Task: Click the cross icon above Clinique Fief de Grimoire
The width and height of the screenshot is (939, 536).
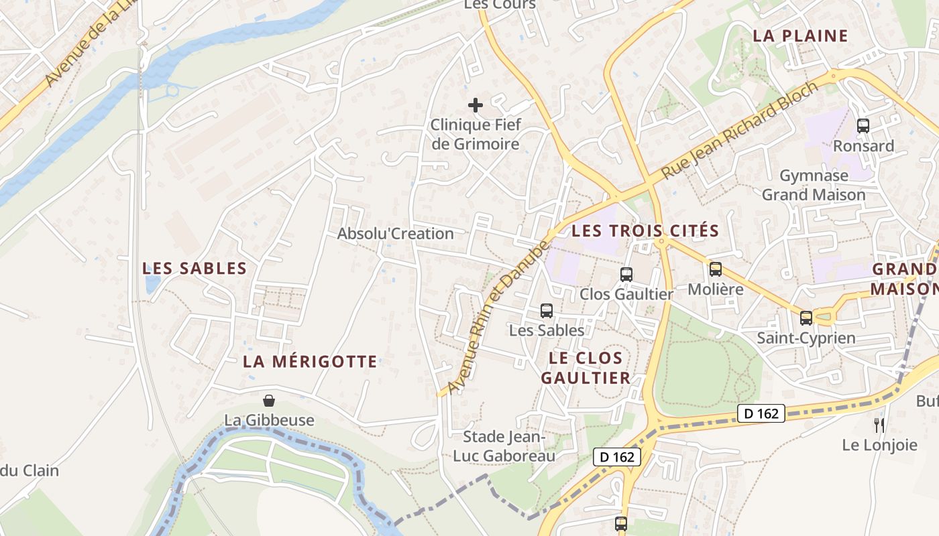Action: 475,105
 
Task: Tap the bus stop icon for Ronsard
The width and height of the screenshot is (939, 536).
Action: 863,125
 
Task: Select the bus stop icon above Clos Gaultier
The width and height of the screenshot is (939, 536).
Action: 626,274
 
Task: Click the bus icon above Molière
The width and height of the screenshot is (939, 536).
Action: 716,269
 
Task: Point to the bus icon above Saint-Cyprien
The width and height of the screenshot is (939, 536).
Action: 806,318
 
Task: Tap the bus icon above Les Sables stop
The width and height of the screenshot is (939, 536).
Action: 547,310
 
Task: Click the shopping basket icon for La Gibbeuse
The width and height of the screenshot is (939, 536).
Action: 269,401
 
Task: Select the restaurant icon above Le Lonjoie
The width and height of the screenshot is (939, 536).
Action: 879,425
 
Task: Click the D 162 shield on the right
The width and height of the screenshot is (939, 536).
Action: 761,413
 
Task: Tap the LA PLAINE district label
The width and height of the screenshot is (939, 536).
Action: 800,36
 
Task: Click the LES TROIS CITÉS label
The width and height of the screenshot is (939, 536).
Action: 645,231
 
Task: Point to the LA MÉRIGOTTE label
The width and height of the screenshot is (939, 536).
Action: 310,362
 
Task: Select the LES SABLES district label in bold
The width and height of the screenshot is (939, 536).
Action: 195,269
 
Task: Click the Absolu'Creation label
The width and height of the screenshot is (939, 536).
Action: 395,234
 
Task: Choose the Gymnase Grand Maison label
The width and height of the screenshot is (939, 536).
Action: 814,185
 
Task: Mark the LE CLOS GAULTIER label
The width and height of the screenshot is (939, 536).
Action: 586,368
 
